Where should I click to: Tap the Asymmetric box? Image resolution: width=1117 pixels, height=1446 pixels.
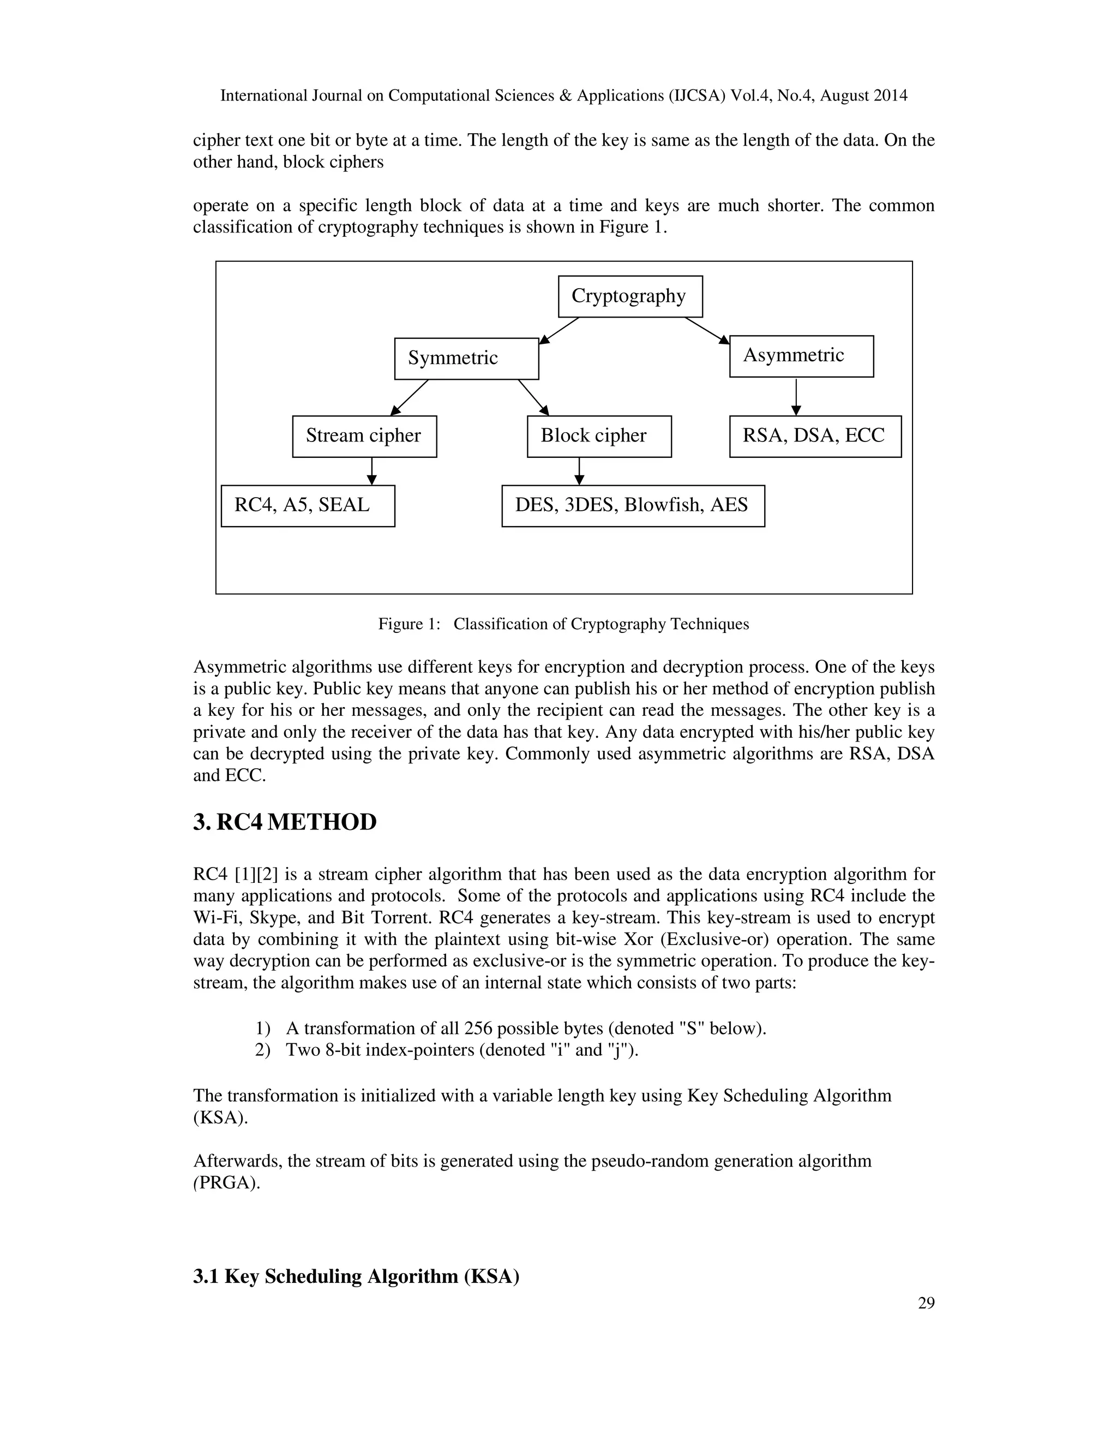(801, 356)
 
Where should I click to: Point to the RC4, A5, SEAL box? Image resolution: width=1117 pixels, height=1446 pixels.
(308, 506)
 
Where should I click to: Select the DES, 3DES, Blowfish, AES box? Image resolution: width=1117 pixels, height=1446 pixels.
(633, 506)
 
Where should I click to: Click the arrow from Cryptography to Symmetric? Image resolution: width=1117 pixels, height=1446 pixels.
(559, 330)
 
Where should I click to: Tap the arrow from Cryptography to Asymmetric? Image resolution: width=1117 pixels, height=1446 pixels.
(707, 330)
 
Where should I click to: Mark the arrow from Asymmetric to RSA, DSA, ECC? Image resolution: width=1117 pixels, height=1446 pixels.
(796, 397)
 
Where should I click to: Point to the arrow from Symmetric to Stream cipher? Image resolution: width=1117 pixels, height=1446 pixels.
(410, 397)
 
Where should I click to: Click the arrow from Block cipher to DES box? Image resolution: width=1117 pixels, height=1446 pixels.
(579, 471)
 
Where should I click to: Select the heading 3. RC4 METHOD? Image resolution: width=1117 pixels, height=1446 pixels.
(285, 822)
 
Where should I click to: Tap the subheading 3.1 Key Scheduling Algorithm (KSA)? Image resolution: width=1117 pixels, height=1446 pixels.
(356, 1276)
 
